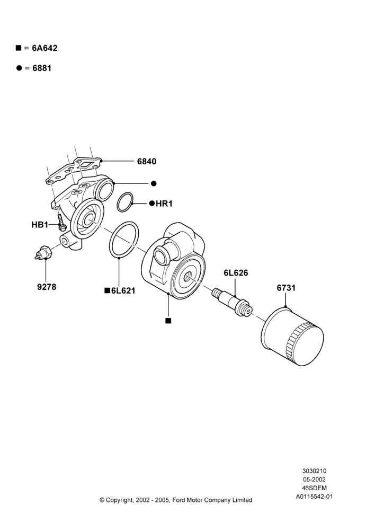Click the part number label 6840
pos(147,162)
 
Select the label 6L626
pos(236,273)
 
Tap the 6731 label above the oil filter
pos(286,288)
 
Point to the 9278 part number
pos(47,287)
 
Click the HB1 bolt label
pos(40,225)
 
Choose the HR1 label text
pos(164,204)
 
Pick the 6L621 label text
pos(123,290)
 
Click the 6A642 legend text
pos(44,48)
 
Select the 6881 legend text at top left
pos(42,68)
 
